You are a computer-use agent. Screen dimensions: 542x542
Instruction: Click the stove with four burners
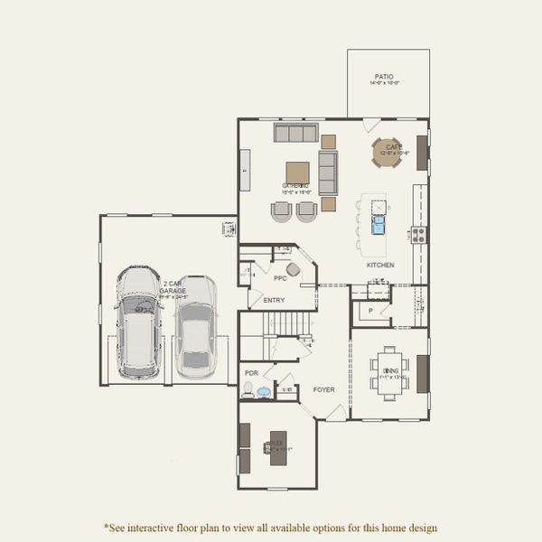coord(419,234)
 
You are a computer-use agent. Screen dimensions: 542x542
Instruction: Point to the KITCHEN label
coord(379,265)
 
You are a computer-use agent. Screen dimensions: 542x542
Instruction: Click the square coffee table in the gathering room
coord(298,173)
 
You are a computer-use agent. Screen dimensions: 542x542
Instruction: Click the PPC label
coord(267,267)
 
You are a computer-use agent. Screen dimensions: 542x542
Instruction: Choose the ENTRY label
coord(274,301)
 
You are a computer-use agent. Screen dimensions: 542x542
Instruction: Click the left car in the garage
coord(138,321)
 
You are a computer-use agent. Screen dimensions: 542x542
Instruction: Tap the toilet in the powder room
coord(248,389)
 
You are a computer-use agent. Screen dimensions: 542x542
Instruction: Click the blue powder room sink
coord(264,392)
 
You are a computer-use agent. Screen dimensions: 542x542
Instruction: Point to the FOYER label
coord(323,390)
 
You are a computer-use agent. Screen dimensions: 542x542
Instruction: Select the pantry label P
coord(370,311)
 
